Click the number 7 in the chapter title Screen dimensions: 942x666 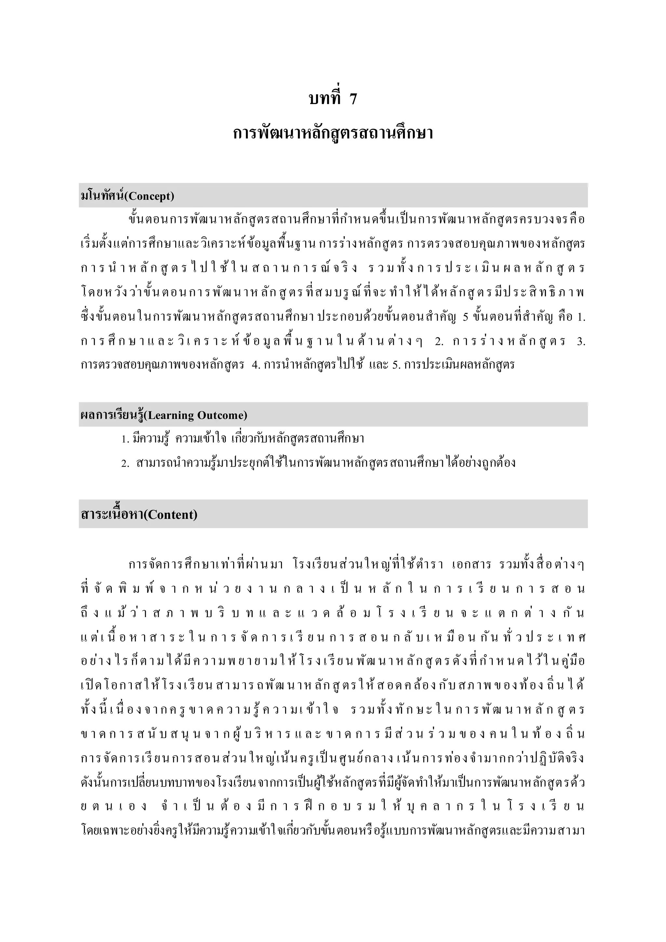[x=353, y=99]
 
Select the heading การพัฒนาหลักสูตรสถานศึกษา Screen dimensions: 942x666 [x=333, y=134]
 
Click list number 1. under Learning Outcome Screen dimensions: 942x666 [x=126, y=440]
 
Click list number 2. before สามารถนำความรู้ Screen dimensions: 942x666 [x=126, y=464]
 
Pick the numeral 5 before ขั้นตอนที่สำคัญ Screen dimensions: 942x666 [x=465, y=317]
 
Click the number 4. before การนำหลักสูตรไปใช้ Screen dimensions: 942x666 [x=256, y=365]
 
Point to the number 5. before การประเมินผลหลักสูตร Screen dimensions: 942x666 [x=396, y=365]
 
